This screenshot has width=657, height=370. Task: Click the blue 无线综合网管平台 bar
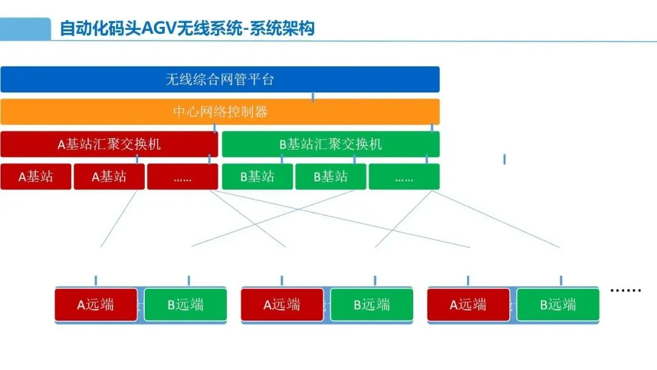click(220, 79)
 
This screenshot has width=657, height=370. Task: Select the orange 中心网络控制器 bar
click(220, 112)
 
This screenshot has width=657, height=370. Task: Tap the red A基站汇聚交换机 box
click(109, 144)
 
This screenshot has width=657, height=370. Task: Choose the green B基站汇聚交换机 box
click(330, 144)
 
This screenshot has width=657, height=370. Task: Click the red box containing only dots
click(182, 177)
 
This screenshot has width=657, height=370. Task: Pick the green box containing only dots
click(404, 177)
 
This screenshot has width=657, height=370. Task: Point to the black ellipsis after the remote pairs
click(625, 290)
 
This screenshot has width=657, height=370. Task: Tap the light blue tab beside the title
click(25, 28)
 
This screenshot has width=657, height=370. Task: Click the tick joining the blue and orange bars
click(313, 96)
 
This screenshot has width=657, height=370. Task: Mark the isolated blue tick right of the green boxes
click(504, 159)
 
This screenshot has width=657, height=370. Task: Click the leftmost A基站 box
click(36, 177)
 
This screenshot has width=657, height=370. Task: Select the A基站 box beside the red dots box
click(109, 177)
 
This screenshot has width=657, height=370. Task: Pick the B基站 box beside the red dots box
click(257, 177)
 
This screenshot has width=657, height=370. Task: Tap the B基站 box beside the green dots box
click(331, 177)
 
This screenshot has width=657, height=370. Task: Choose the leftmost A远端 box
click(96, 305)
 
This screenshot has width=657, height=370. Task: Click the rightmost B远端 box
click(558, 305)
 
